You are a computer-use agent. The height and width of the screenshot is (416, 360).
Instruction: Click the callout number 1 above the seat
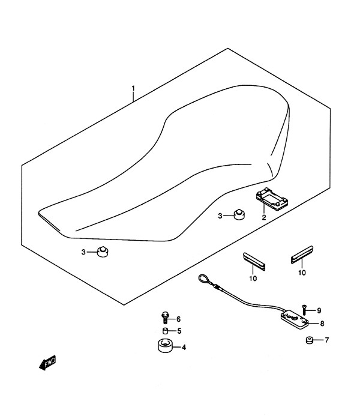click(133, 88)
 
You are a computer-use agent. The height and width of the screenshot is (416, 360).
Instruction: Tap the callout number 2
click(264, 217)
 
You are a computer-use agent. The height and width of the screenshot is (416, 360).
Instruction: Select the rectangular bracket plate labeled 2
click(272, 199)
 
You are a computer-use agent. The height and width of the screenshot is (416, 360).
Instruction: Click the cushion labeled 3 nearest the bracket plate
click(239, 215)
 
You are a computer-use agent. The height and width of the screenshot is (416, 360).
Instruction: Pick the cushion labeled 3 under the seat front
click(103, 252)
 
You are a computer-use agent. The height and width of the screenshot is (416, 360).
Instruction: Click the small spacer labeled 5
click(166, 331)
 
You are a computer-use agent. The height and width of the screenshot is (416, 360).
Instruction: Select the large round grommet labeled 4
click(165, 346)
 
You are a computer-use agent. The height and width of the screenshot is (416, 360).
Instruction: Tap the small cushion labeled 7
click(309, 340)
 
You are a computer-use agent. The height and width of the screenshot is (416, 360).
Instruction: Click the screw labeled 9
click(304, 310)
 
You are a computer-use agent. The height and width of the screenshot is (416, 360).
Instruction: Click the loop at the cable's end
click(203, 279)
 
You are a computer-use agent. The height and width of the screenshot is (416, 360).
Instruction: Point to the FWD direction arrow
click(47, 363)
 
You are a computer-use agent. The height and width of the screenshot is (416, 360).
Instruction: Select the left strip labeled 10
click(254, 262)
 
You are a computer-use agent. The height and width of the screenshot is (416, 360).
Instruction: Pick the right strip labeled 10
click(302, 255)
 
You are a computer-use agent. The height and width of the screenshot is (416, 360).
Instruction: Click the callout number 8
click(322, 324)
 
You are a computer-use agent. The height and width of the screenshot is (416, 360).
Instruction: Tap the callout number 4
click(184, 347)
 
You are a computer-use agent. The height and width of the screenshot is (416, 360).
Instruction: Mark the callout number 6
click(178, 319)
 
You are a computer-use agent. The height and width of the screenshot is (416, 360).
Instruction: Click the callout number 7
click(326, 340)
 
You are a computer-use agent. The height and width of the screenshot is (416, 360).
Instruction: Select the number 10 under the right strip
click(302, 273)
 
